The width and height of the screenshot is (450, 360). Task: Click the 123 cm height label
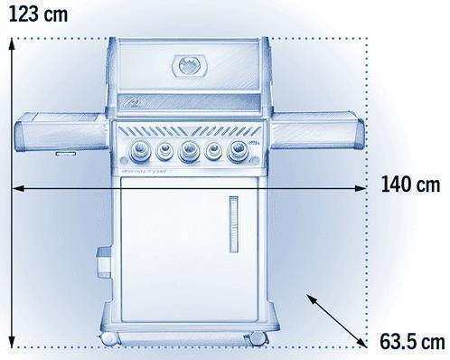pyautogui.click(x=39, y=14)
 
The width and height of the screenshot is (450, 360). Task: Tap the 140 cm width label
pyautogui.click(x=410, y=185)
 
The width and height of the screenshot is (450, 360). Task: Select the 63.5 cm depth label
pyautogui.click(x=412, y=342)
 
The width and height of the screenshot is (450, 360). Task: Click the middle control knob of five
pyautogui.click(x=188, y=150)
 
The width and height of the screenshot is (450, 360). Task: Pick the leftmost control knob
pyautogui.click(x=139, y=150)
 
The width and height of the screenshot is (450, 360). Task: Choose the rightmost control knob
pyautogui.click(x=239, y=150)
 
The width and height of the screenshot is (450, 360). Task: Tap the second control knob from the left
pyautogui.click(x=164, y=150)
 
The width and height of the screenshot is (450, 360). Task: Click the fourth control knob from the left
pyautogui.click(x=213, y=150)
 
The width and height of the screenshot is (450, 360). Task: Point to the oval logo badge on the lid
pyautogui.click(x=190, y=66)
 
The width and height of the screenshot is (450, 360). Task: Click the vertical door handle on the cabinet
pyautogui.click(x=234, y=224)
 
